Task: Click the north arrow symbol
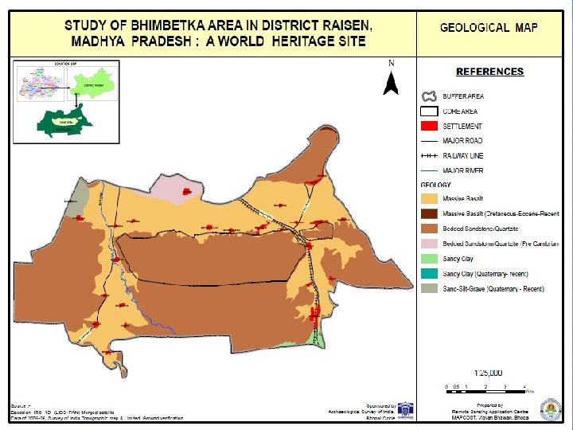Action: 391,81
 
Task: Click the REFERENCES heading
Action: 489,72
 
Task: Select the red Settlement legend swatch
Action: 430,126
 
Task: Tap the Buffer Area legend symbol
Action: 430,96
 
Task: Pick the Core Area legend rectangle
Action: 430,111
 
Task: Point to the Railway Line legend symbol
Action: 430,156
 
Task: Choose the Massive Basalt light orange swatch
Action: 430,198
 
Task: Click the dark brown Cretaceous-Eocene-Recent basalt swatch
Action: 430,213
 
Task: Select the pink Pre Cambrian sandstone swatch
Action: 430,244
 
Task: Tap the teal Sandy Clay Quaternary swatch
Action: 430,274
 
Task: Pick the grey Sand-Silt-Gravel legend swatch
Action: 430,288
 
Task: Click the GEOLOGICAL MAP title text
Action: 489,28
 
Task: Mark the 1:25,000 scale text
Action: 488,373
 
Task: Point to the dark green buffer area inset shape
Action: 60,123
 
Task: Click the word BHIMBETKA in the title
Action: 158,25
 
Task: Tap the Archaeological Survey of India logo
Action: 405,410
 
